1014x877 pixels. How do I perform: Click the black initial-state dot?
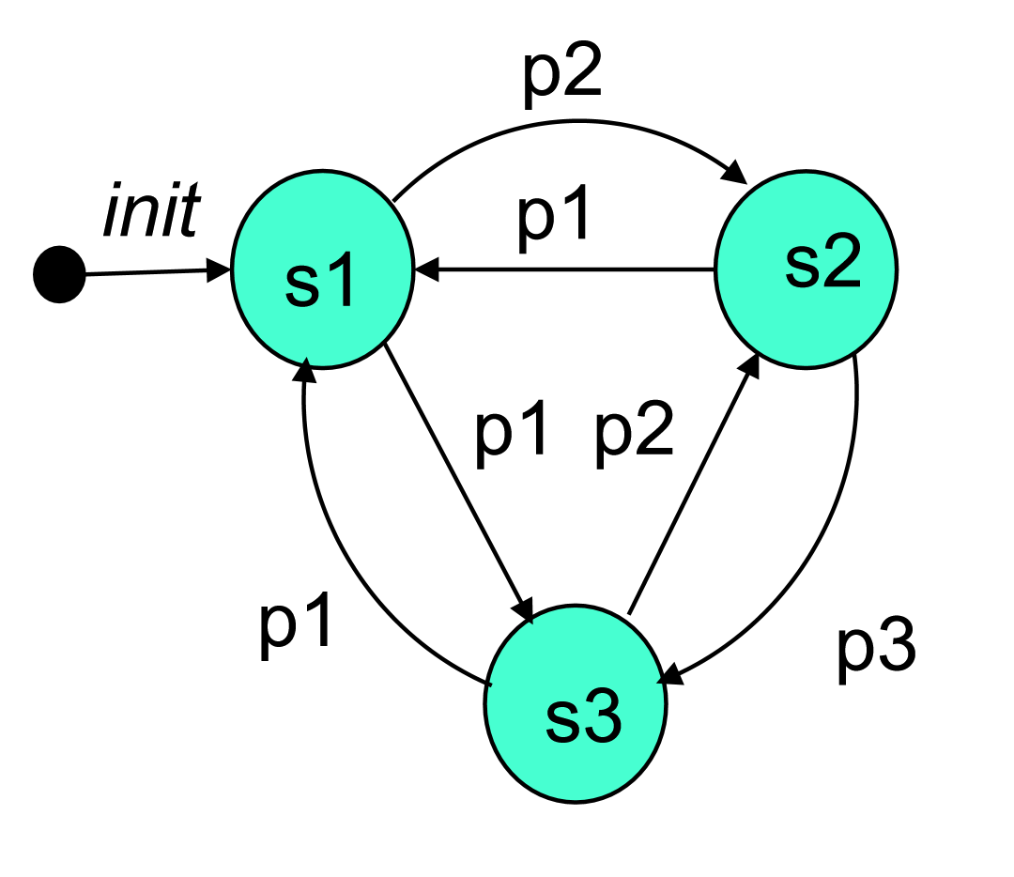[59, 275]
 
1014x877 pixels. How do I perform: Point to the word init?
[150, 214]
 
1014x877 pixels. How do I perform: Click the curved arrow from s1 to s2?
[563, 121]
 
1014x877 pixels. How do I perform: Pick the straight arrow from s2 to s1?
[563, 270]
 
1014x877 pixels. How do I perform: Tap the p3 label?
[875, 648]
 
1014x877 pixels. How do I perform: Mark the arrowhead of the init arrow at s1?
[223, 272]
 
